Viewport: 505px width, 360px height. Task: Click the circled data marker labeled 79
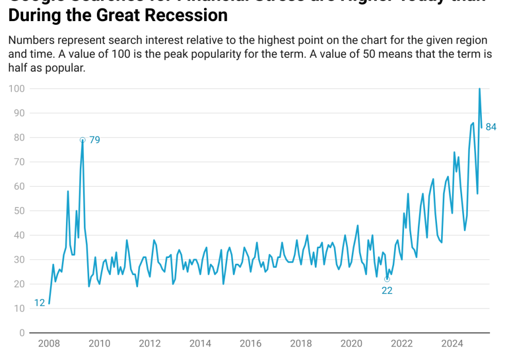click(82, 140)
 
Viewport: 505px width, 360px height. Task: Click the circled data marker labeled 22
click(387, 279)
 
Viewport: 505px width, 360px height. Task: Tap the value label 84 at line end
click(491, 127)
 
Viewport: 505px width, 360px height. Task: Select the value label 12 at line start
click(40, 303)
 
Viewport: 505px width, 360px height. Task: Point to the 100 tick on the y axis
click(17, 89)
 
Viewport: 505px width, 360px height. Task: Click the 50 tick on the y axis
click(19, 211)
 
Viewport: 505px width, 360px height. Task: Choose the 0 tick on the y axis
click(22, 333)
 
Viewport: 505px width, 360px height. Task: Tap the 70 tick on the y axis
click(19, 162)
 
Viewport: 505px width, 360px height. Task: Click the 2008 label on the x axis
click(49, 344)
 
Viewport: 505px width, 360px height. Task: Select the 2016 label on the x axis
click(250, 344)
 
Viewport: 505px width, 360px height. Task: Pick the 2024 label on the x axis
click(452, 344)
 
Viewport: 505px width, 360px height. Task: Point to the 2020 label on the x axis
click(351, 344)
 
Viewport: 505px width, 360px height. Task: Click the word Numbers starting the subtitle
click(30, 41)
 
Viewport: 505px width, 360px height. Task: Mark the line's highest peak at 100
click(480, 89)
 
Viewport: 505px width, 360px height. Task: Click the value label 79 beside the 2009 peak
click(94, 140)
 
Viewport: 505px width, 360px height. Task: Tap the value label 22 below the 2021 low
click(387, 290)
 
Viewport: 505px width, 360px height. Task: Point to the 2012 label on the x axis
click(150, 344)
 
